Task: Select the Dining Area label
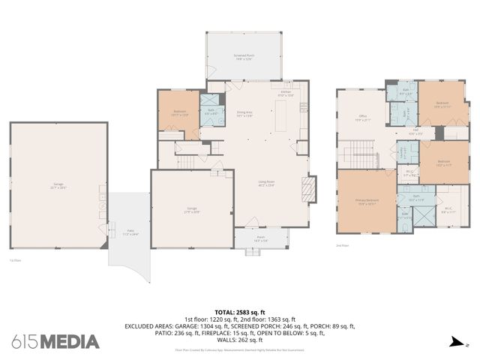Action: [244, 114]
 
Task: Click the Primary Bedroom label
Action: [366, 201]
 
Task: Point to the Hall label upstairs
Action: [415, 132]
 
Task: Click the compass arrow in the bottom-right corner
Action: [454, 343]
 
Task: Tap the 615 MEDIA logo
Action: [55, 342]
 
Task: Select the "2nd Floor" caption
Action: [342, 245]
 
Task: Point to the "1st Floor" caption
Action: [15, 260]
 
